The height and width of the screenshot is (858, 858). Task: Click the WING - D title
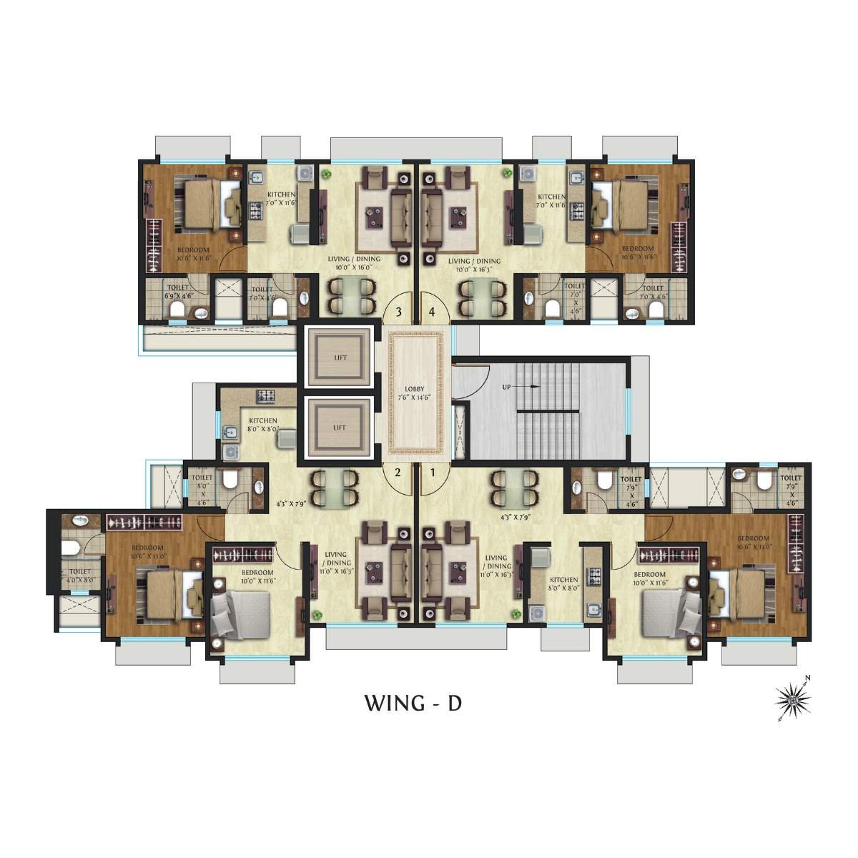413,703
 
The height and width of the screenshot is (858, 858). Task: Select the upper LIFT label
340,357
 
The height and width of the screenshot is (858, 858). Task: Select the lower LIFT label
340,428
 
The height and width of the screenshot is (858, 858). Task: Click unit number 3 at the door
398,312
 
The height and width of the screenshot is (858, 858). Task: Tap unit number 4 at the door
432,312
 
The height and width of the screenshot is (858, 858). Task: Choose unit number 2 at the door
398,471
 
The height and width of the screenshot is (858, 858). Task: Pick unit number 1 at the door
432,471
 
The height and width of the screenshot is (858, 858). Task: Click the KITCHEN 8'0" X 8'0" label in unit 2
263,425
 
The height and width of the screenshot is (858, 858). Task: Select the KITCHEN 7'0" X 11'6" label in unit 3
281,199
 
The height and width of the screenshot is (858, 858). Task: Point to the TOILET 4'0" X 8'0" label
80,576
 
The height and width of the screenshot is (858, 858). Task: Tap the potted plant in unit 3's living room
325,174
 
